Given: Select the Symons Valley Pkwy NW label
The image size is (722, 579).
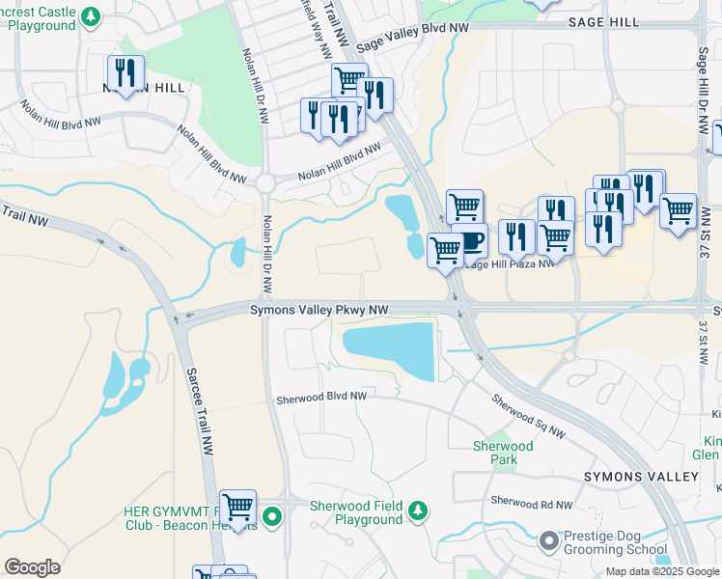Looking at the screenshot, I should coord(319,310).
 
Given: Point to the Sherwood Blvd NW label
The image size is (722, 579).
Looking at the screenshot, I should coord(321,397).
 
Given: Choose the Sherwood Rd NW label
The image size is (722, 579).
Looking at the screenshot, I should coord(531,503).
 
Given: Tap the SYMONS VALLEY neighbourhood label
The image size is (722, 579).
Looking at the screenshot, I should coord(641,478).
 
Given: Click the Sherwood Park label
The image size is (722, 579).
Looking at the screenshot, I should coord(503,453).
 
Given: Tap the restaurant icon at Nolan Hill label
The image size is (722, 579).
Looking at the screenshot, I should coord(125,72).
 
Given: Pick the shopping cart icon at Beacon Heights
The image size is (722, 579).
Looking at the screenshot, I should coord(237,506).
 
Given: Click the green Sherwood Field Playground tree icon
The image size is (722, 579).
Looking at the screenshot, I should coord(417,510).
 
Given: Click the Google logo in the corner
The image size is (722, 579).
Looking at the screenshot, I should coord(32,567).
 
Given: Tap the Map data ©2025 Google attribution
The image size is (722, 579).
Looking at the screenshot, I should coord(662,571).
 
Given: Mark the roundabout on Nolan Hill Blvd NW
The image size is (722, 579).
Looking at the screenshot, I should coord(266,183).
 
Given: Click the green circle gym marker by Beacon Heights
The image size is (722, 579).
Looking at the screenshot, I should coord(272,516).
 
